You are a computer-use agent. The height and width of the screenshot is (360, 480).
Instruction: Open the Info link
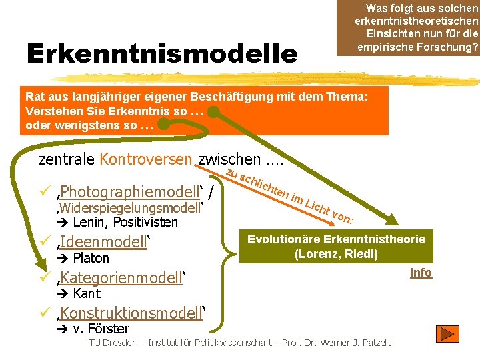tap(421, 273)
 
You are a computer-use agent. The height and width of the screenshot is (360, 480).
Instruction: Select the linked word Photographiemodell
tap(129, 192)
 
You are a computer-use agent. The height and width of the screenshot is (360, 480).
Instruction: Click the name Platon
tap(91, 258)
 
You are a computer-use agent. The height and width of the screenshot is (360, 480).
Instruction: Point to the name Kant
tap(87, 293)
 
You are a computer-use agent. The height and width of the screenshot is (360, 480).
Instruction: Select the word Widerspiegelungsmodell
tap(130, 208)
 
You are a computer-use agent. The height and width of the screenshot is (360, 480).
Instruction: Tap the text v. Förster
tap(101, 329)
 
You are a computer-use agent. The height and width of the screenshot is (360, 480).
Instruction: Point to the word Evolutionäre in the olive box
tap(289, 239)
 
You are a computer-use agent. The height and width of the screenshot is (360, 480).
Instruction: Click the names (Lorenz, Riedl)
tap(336, 254)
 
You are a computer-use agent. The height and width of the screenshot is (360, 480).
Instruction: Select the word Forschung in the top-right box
tap(449, 47)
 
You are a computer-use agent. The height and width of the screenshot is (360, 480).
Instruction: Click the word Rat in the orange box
tap(35, 96)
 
